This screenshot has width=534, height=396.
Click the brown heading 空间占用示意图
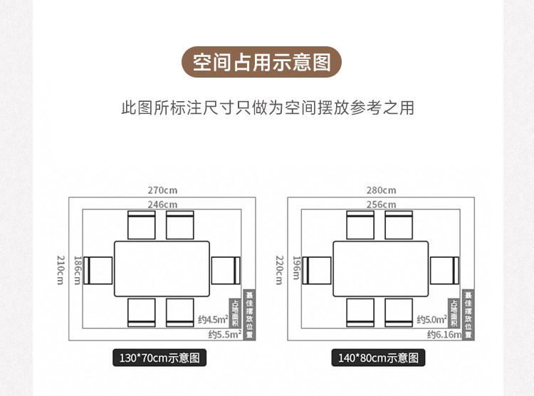click(262, 63)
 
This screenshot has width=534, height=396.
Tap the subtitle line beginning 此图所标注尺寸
click(267, 108)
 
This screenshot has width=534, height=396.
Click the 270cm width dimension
click(162, 190)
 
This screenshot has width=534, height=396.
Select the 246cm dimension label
click(162, 204)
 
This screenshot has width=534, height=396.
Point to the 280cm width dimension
click(381, 190)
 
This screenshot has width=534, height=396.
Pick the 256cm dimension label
click(381, 204)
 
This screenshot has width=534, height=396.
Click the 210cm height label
click(61, 269)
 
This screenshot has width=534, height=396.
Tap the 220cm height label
click(280, 269)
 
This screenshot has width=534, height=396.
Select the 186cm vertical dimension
click(77, 269)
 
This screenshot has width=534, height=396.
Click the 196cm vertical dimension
click(296, 269)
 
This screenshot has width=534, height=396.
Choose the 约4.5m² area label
click(212, 320)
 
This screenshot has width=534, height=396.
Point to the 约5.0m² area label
click(431, 320)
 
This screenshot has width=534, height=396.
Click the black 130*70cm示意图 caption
click(160, 358)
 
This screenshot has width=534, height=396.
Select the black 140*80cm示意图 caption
click(379, 358)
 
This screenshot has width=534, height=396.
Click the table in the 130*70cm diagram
click(162, 269)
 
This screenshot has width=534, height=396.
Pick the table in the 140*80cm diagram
click(381, 269)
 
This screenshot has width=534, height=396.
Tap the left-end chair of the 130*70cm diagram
click(98, 270)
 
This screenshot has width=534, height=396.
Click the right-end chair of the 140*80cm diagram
click(446, 270)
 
